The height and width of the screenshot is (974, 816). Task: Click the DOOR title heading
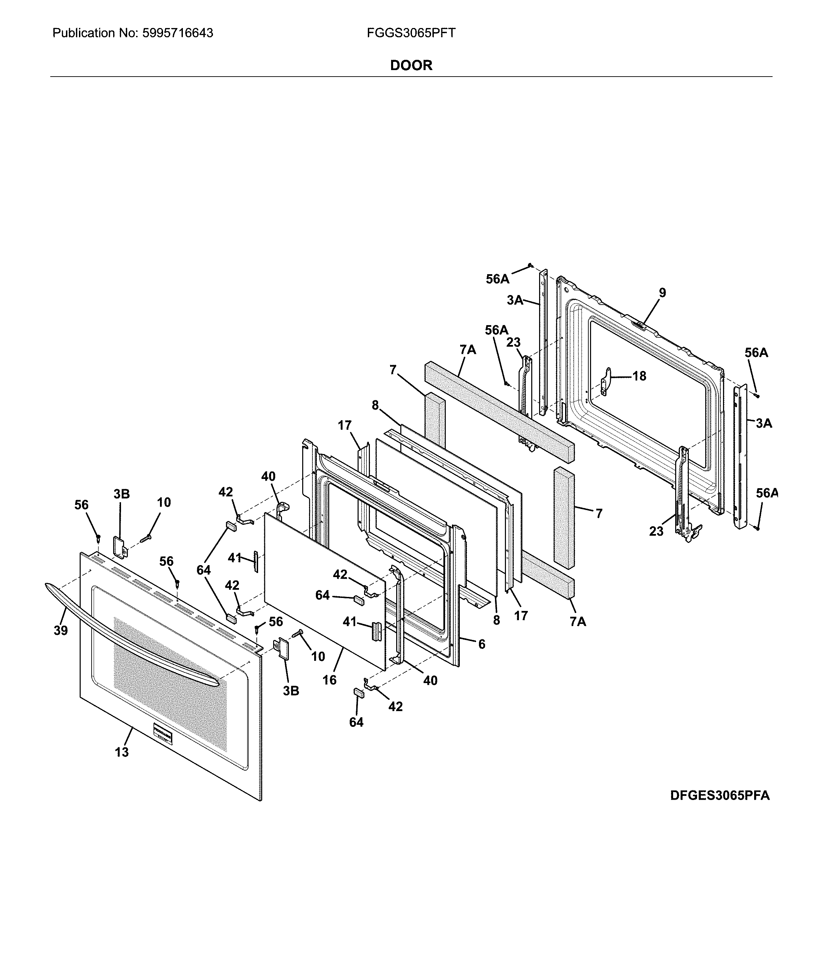(411, 65)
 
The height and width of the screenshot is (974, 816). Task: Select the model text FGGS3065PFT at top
(411, 33)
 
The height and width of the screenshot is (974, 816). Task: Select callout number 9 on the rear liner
(663, 293)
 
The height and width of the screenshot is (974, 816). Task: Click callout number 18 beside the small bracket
(639, 376)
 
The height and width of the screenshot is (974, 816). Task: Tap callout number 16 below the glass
(329, 680)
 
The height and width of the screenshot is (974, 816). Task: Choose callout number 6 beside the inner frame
(482, 644)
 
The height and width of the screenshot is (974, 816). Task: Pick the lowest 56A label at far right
(766, 493)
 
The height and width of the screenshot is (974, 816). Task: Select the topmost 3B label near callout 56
(122, 494)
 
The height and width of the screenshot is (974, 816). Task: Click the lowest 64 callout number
(356, 722)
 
